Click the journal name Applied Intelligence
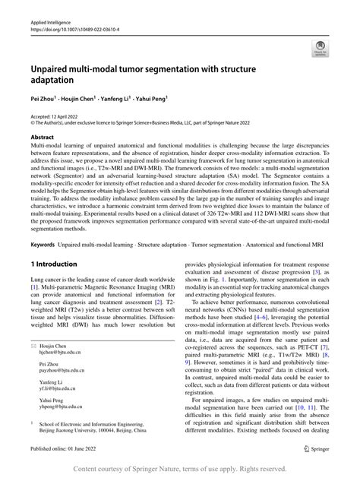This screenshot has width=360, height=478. [x=47, y=24]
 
